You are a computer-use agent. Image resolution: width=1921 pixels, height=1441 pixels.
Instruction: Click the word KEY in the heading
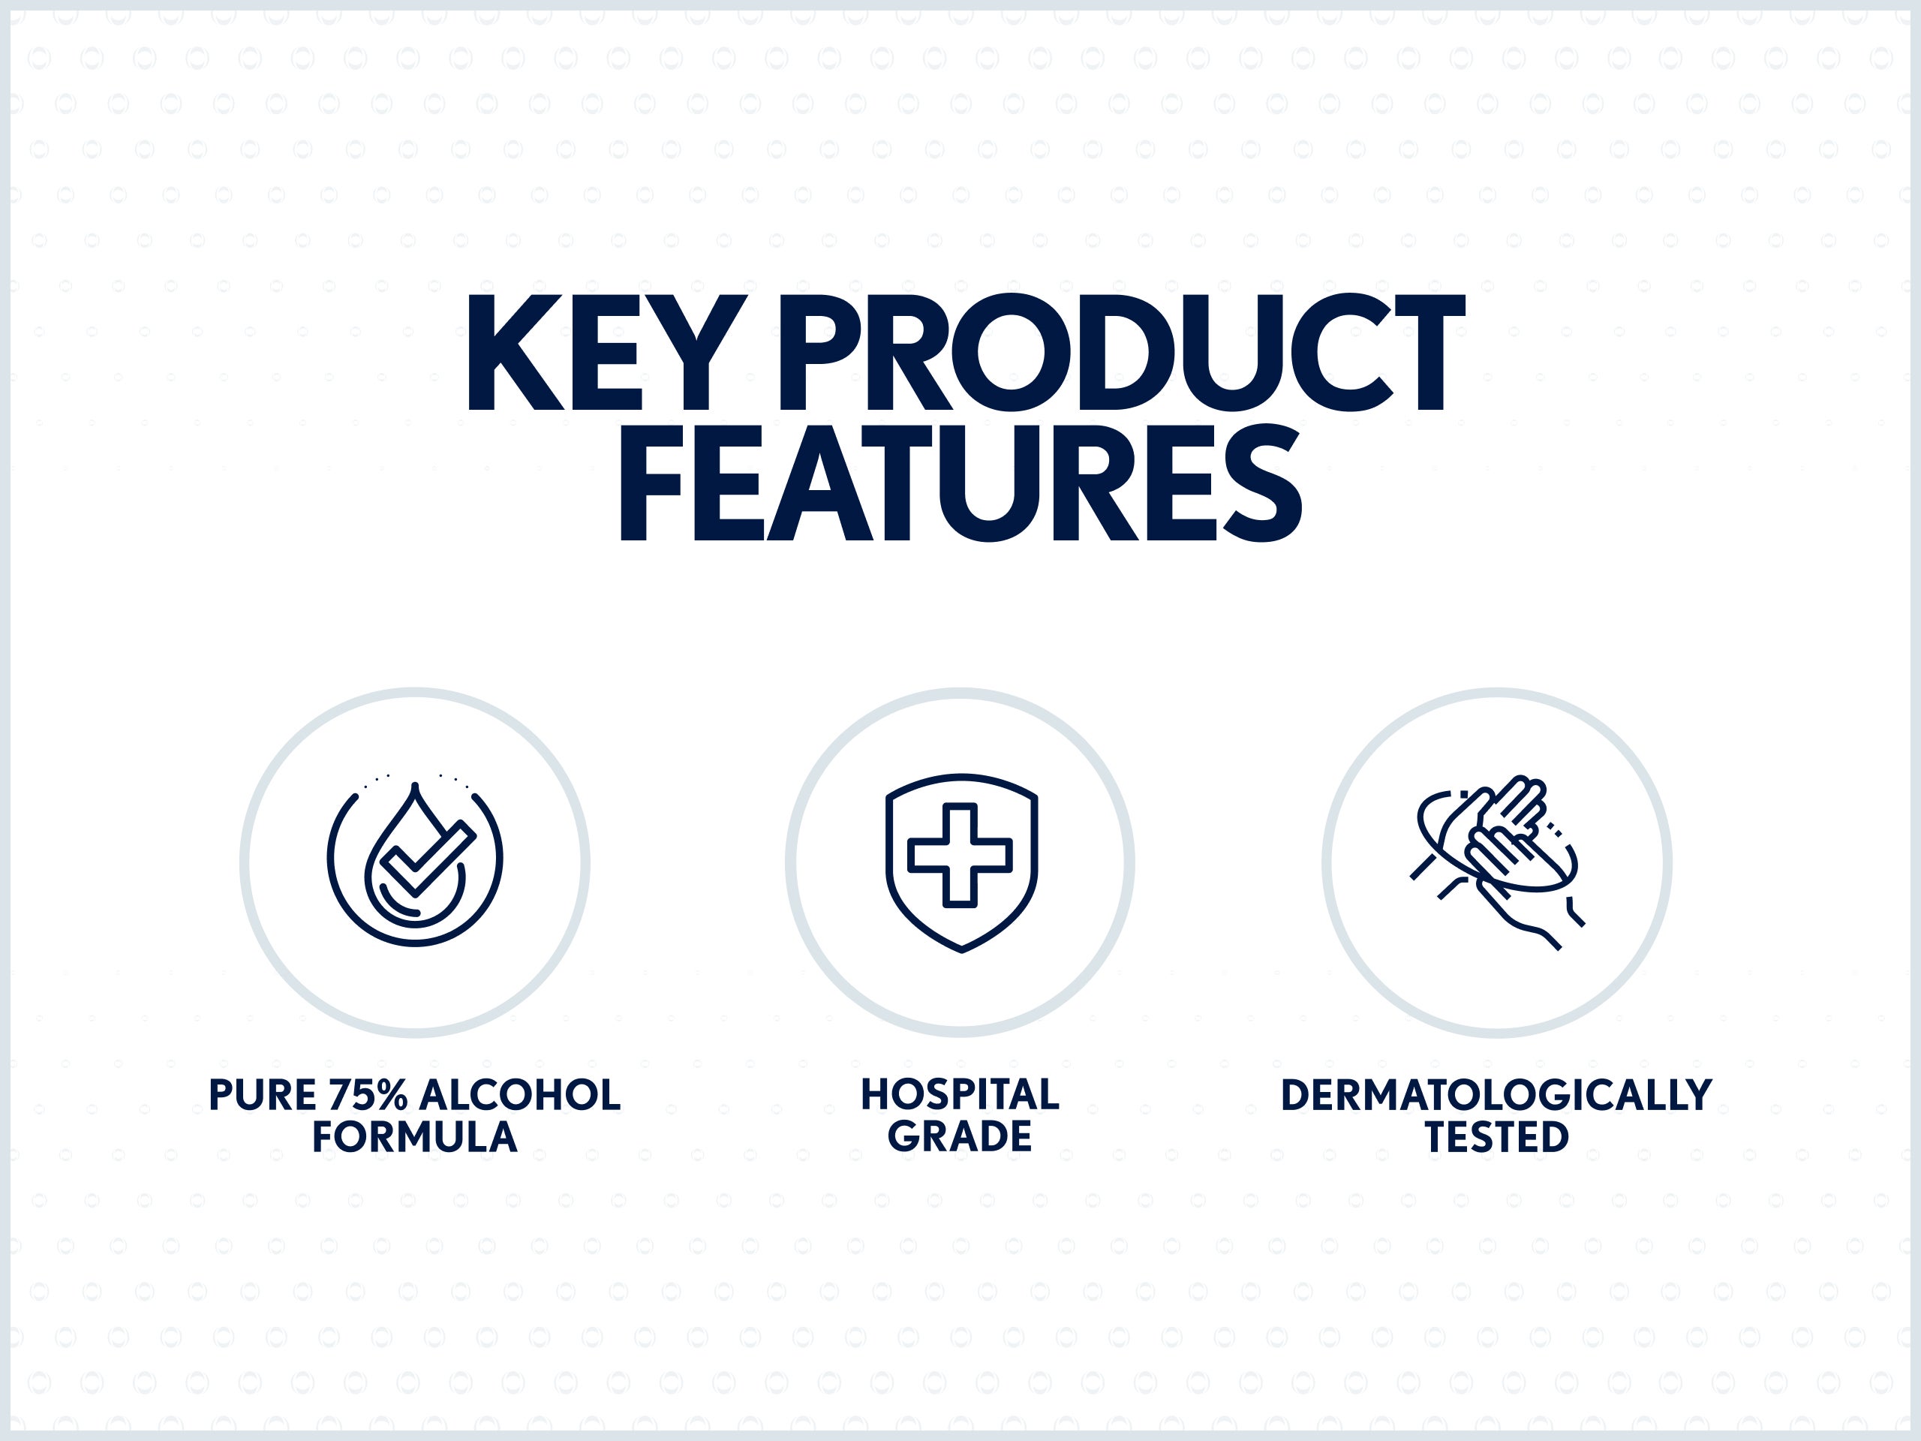click(607, 353)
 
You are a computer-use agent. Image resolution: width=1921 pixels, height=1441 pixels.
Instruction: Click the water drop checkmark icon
click(415, 859)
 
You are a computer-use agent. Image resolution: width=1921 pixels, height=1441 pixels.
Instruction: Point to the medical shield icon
click(961, 863)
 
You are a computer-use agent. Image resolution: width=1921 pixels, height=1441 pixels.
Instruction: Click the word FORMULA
click(415, 1138)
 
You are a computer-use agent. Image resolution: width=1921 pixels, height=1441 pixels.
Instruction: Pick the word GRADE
click(960, 1138)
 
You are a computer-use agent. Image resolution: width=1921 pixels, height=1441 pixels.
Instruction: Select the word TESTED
click(1497, 1138)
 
